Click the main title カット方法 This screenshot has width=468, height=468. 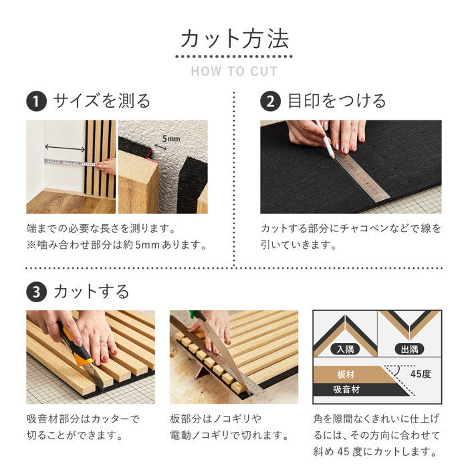[x=234, y=38]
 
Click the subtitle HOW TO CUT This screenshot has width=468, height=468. [x=234, y=72]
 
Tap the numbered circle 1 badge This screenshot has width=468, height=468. [x=36, y=102]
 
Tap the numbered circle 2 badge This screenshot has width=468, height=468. [x=270, y=102]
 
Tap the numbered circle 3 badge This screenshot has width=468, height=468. [x=36, y=292]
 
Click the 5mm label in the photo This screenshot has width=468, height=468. [x=171, y=138]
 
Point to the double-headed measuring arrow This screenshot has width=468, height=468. [x=64, y=147]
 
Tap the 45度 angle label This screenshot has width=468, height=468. [x=421, y=374]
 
